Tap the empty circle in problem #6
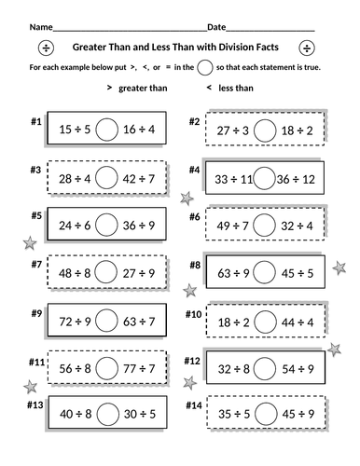click(x=264, y=224)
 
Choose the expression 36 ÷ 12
click(x=299, y=177)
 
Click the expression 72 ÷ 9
click(x=74, y=320)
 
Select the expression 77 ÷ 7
click(x=139, y=367)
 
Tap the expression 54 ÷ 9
click(x=299, y=367)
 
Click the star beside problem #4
click(x=187, y=198)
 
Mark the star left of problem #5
click(x=28, y=242)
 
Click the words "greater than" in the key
click(x=141, y=88)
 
